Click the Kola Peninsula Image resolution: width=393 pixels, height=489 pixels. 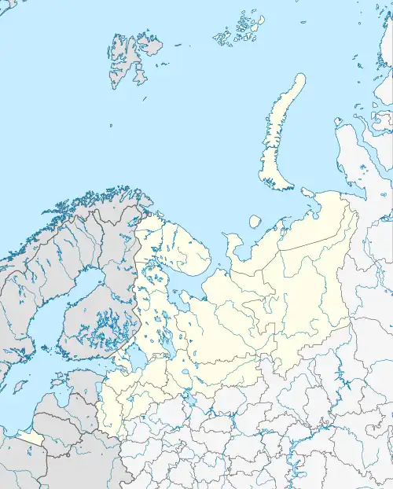coord(177,240)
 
